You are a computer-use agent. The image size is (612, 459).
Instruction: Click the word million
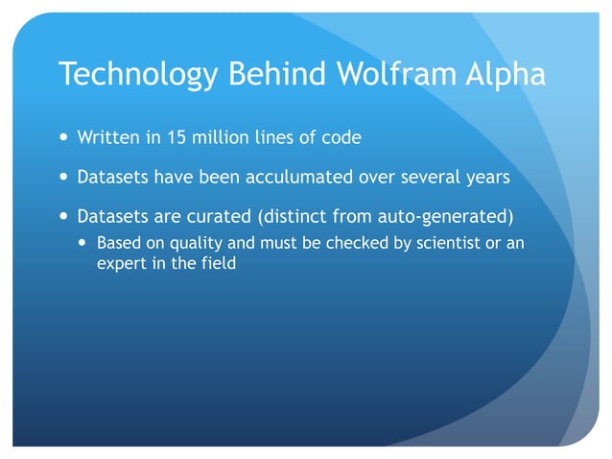[x=218, y=137]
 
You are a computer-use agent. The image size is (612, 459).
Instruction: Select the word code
[x=342, y=137]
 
